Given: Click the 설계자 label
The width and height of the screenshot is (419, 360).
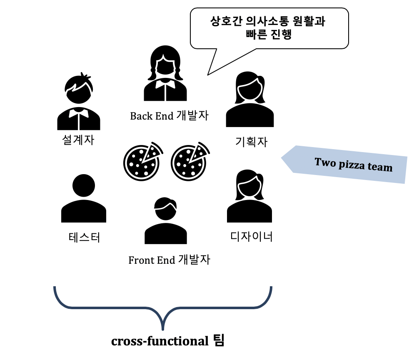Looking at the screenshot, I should coord(78,140).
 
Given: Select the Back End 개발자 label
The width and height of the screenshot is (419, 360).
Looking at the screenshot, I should coord(169,115).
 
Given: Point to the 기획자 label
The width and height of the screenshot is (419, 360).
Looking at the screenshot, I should coord(251,142).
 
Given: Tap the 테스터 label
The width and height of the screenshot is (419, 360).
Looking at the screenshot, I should coord(85,238).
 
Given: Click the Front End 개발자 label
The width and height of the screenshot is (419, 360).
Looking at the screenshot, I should coord(169,260).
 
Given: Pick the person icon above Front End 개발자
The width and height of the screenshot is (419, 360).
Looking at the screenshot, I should coord(165,221).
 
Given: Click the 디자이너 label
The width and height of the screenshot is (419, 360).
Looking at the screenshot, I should coord(251,237).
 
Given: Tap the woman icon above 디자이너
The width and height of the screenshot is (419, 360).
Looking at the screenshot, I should coord(249,196).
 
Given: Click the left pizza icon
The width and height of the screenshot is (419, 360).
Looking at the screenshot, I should coord(142,161).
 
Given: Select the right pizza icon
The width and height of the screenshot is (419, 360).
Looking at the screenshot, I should coord(190,161).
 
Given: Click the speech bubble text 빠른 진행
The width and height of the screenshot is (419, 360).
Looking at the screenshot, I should coord(268,35).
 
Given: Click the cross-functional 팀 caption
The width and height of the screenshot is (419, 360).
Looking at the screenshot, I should coord(167,341).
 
